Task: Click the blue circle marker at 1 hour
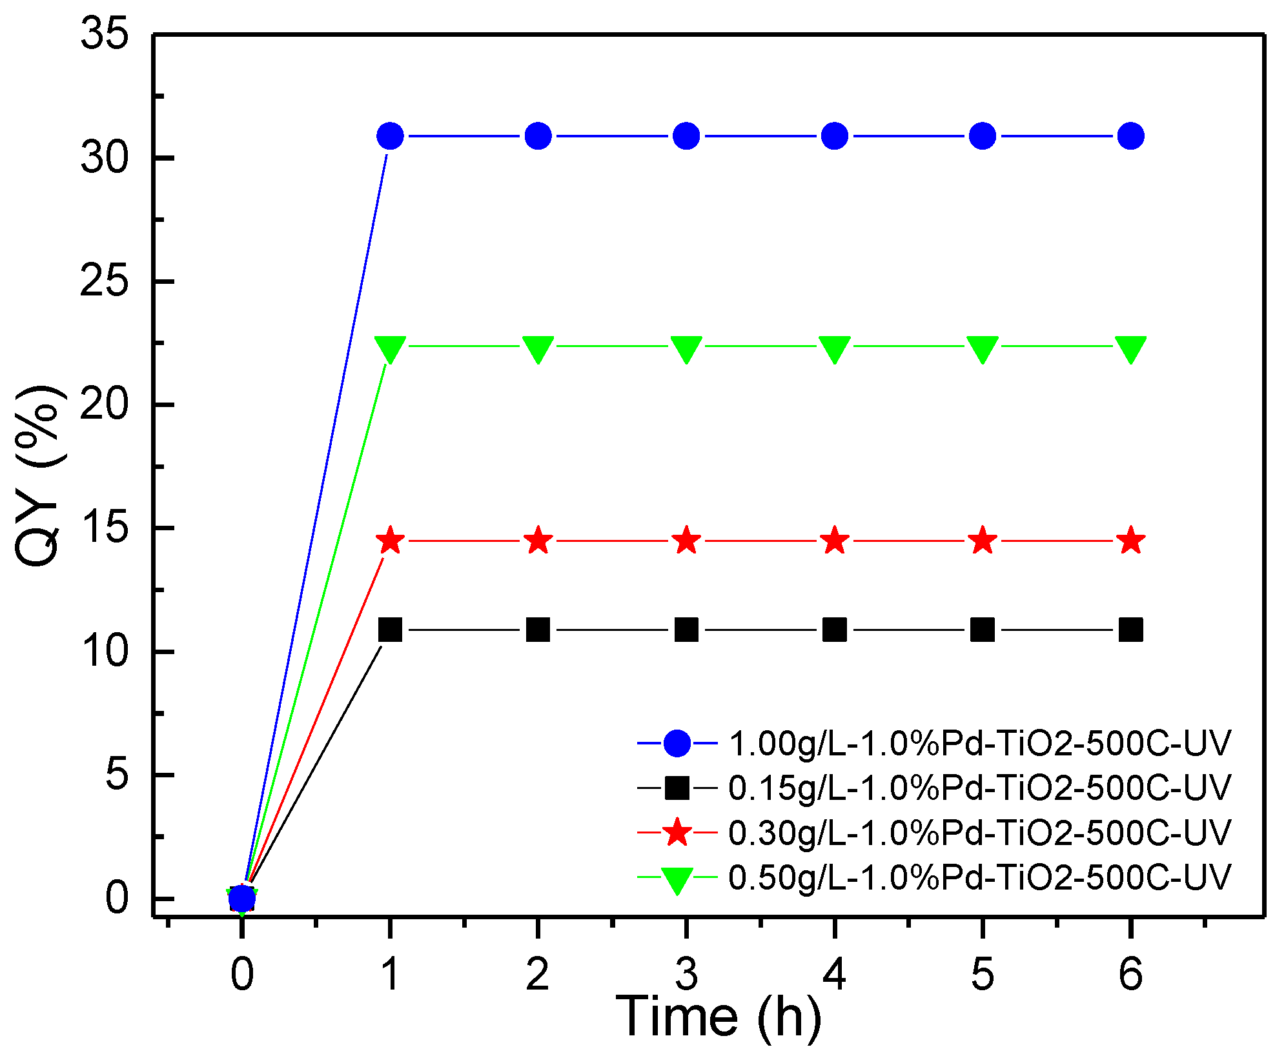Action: click(x=390, y=136)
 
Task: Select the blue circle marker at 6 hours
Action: click(x=1130, y=136)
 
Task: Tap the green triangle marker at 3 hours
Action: click(x=686, y=348)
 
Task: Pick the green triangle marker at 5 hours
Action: click(x=983, y=348)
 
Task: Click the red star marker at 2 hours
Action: click(x=538, y=541)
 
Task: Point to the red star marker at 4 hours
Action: click(x=834, y=541)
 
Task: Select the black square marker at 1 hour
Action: click(x=390, y=630)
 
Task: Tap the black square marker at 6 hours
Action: click(x=1130, y=630)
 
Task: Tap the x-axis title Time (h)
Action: click(x=718, y=1018)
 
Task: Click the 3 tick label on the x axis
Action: click(x=686, y=974)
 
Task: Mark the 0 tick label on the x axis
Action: click(x=242, y=974)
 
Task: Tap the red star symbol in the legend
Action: click(x=677, y=833)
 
